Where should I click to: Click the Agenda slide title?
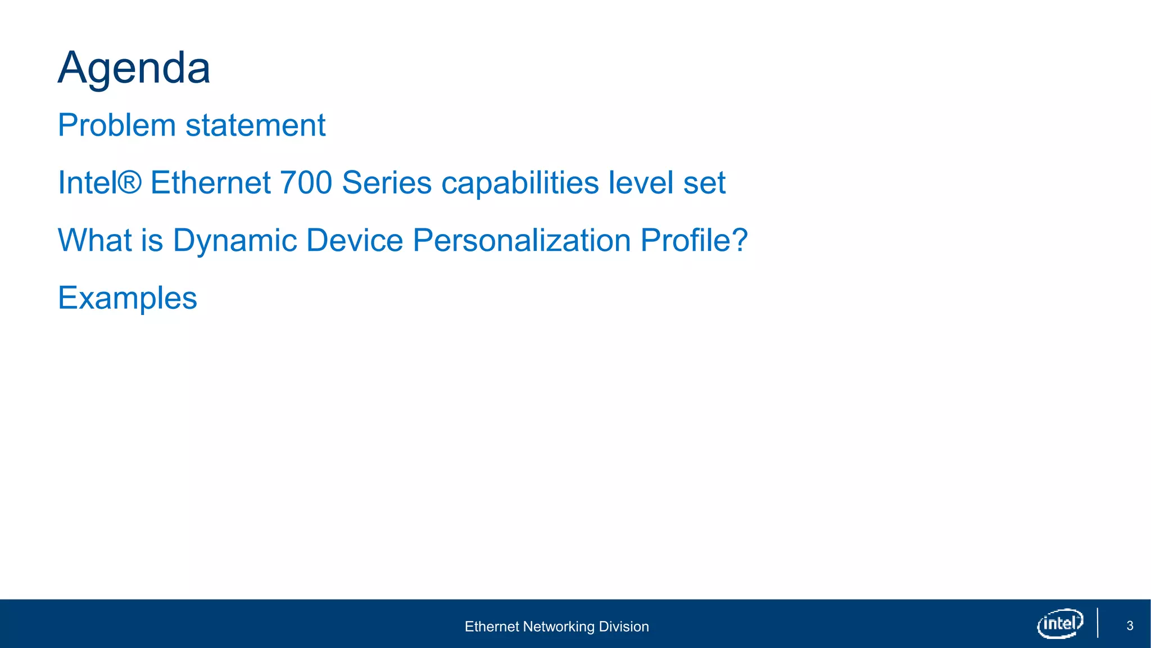[x=134, y=68]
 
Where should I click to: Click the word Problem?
[x=117, y=125]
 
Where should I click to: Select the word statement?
[x=255, y=125]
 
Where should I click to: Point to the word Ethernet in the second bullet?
[x=210, y=183]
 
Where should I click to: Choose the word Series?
[x=387, y=183]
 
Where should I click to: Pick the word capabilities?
[x=520, y=183]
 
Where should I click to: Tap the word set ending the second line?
[x=704, y=183]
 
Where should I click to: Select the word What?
[x=94, y=240]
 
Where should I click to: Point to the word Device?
[x=355, y=240]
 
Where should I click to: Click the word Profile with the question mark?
[x=694, y=240]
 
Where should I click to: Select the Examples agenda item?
[x=128, y=298]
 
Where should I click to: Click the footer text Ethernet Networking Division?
[x=556, y=627]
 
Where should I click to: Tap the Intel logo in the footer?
[x=1060, y=623]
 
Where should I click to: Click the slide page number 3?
[x=1130, y=626]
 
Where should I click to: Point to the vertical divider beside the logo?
[x=1098, y=623]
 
